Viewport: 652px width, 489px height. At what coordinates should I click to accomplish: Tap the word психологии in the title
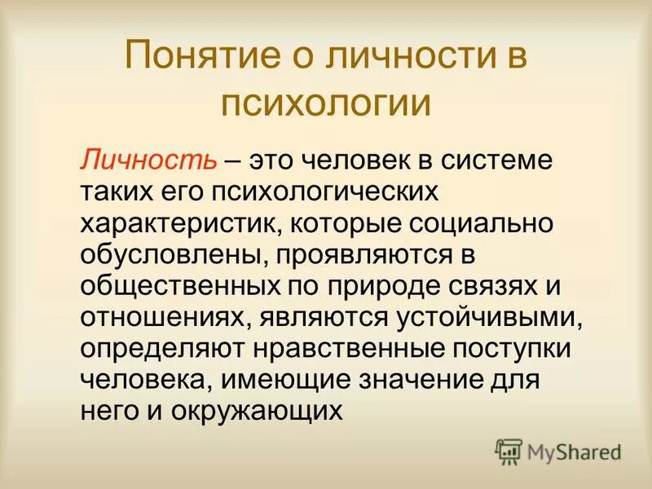coord(326,104)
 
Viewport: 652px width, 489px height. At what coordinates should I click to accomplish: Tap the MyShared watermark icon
coord(509,450)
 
